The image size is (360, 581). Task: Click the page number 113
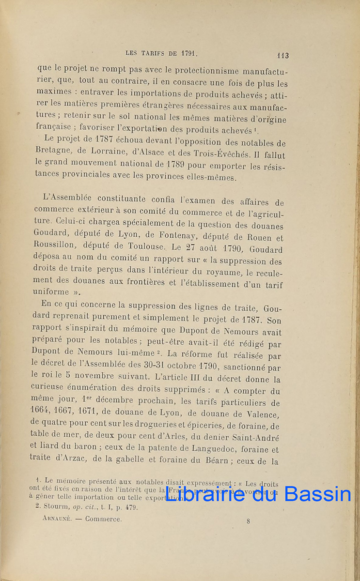tap(282, 55)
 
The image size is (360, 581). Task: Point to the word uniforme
tap(51, 292)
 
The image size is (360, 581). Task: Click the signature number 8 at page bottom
tap(248, 521)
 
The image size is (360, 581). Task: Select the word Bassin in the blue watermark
tap(317, 494)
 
